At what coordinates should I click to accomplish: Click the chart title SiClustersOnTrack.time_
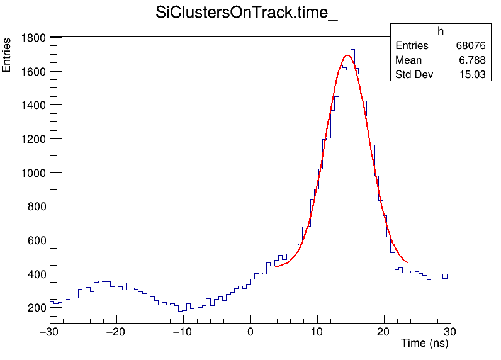tap(247, 14)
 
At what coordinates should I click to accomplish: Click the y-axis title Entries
tap(7, 55)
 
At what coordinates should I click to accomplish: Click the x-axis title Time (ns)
tap(424, 344)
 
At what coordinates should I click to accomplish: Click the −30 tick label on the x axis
tap(50, 332)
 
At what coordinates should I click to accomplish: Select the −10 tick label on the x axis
tap(183, 332)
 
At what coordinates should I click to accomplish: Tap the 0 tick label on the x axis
tap(250, 332)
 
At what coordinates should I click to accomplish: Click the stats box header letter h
tap(441, 31)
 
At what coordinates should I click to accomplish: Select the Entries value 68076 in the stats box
tap(471, 46)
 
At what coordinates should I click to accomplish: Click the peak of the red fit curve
tap(347, 55)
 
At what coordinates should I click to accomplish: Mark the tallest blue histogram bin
tap(353, 50)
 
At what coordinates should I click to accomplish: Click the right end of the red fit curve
tap(407, 262)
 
